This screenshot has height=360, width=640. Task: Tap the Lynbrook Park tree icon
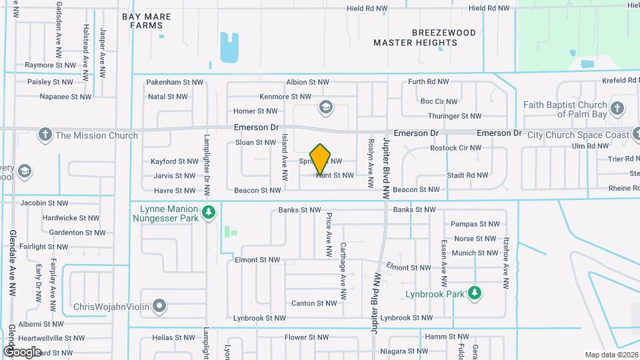[x=475, y=293]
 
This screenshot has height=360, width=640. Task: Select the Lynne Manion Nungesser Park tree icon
[x=209, y=213]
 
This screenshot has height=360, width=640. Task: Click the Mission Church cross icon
[x=45, y=135]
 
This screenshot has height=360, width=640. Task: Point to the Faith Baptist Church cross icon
[x=617, y=108]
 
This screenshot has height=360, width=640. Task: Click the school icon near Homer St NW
[x=325, y=107]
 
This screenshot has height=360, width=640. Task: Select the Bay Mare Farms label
[x=147, y=21]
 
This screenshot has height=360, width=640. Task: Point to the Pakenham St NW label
[x=174, y=82]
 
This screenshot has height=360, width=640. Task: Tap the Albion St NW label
[x=307, y=82]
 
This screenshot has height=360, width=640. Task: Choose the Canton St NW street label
[x=314, y=303]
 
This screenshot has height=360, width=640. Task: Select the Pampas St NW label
[x=475, y=224]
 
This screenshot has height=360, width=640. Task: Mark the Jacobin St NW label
[x=44, y=203]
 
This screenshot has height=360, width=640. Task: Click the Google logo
[x=22, y=351]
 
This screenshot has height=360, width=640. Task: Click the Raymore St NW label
[x=51, y=65]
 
